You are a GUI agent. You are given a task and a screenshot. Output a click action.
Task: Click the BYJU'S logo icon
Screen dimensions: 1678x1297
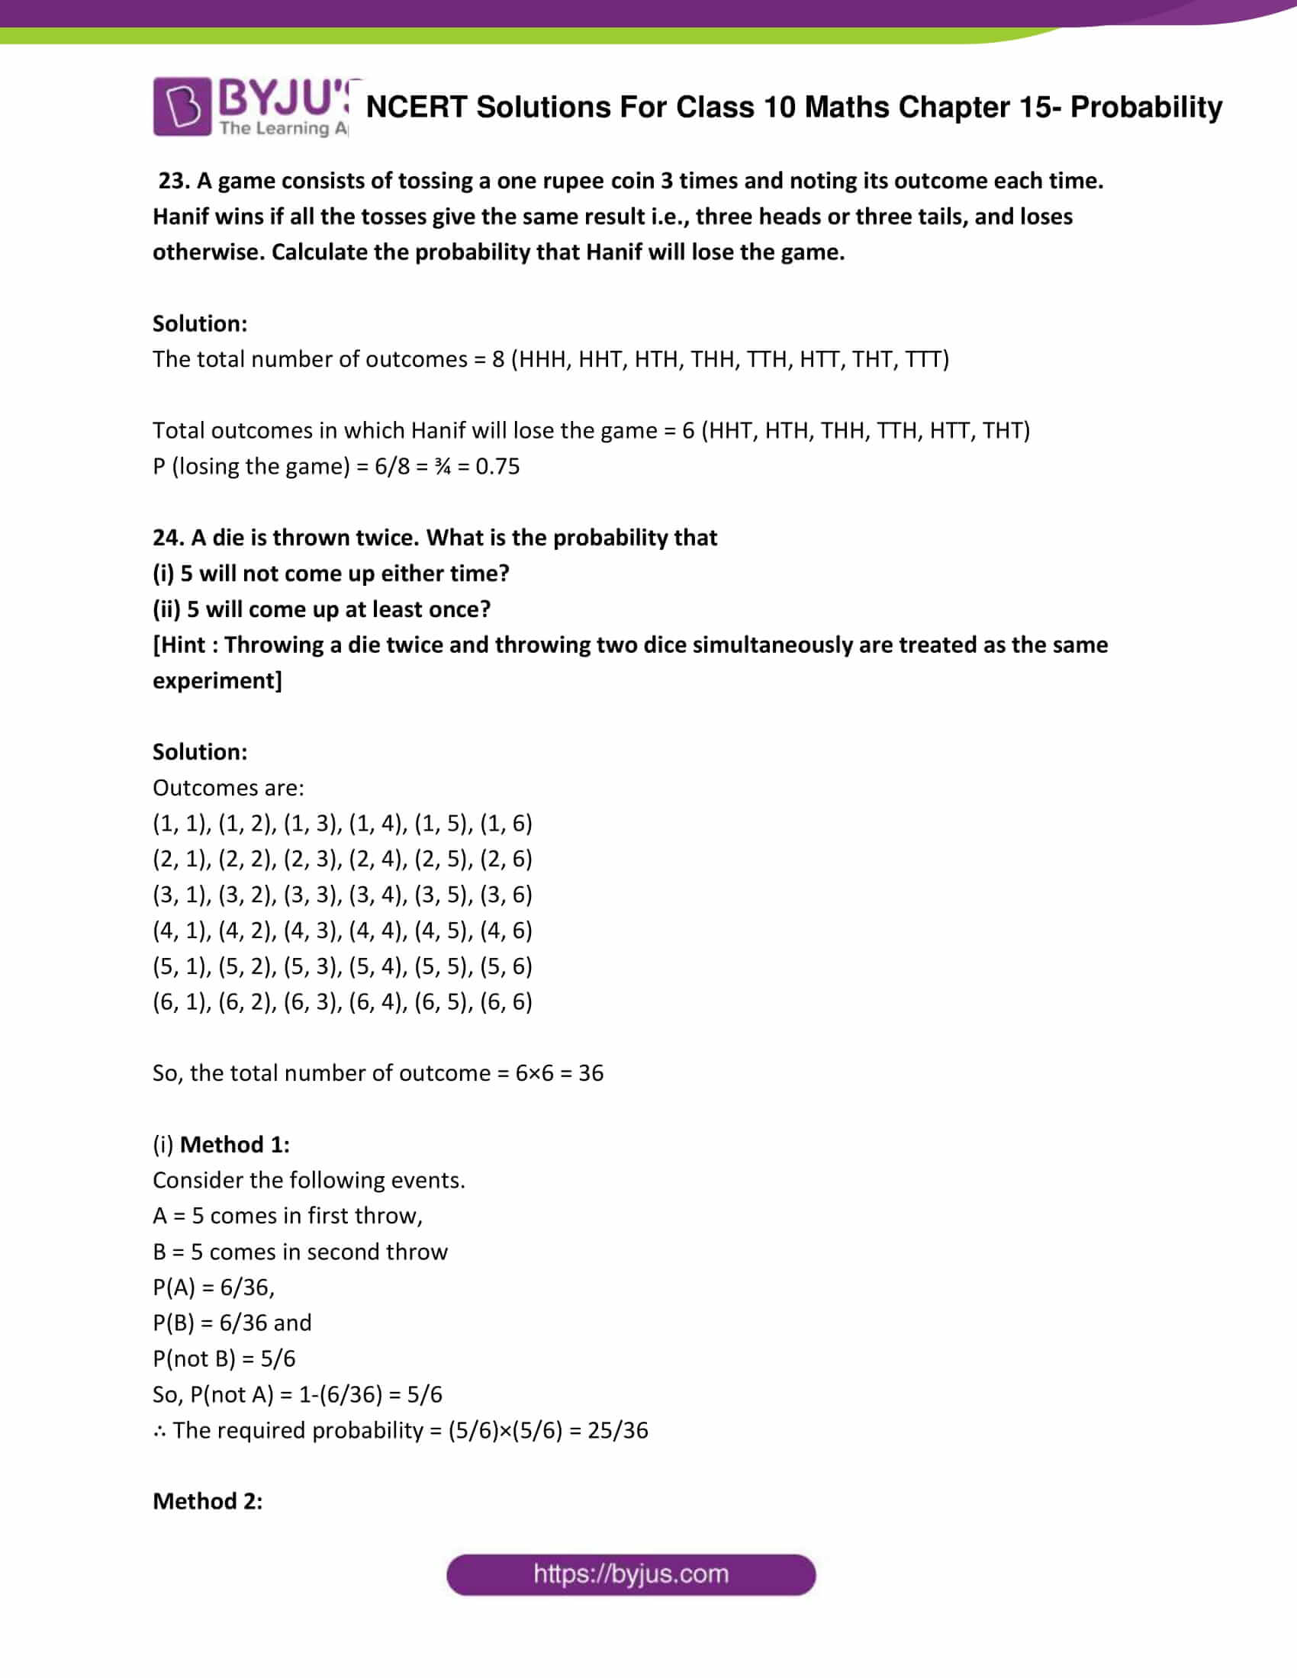(x=182, y=107)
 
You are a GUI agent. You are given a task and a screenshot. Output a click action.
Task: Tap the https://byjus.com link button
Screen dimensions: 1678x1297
(x=630, y=1574)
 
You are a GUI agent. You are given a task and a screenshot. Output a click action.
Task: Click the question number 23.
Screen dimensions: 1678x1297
(x=173, y=181)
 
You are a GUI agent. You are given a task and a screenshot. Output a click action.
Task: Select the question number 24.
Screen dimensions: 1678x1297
(x=168, y=537)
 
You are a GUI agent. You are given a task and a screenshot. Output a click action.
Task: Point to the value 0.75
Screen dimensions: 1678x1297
(x=497, y=466)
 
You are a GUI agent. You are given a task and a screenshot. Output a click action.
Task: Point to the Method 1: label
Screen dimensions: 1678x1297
(x=234, y=1144)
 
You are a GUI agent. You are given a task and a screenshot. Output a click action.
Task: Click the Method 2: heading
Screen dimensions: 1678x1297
(x=208, y=1500)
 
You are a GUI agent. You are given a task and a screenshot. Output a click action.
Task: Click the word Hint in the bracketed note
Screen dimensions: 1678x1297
(x=183, y=645)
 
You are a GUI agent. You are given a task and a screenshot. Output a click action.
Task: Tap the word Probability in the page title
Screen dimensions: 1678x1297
(x=1146, y=108)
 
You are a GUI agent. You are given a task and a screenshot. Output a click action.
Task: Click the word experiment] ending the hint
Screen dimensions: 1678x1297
(x=217, y=680)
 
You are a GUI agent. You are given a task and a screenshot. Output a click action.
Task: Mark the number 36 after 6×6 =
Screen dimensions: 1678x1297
(x=590, y=1072)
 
